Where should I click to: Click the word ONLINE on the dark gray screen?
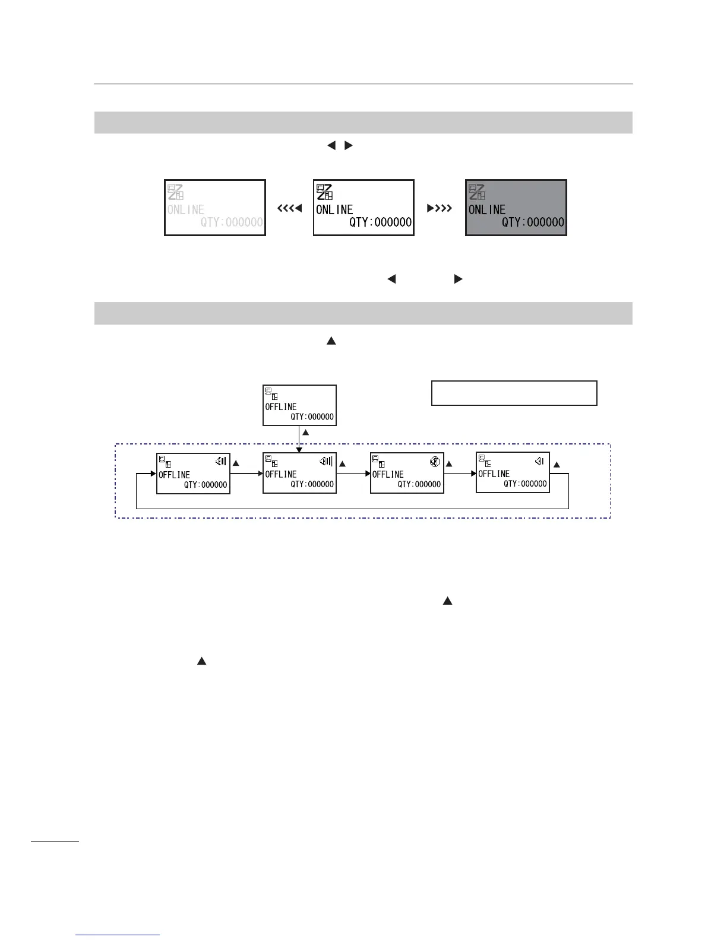[x=487, y=209]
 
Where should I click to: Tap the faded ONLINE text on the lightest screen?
[x=186, y=209]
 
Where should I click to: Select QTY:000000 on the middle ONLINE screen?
[x=380, y=223]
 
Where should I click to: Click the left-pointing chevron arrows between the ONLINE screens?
[x=290, y=208]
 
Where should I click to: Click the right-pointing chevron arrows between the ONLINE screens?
[x=440, y=208]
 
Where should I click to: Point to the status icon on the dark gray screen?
[x=476, y=192]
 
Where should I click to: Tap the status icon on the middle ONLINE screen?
[x=324, y=192]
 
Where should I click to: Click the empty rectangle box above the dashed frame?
[x=514, y=393]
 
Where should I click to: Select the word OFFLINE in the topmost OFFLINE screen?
[x=281, y=407]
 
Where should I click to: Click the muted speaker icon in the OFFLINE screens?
[x=434, y=461]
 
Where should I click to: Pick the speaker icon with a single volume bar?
[x=539, y=461]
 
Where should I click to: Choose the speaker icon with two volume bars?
[x=220, y=461]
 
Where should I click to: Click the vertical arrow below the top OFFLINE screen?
[x=299, y=439]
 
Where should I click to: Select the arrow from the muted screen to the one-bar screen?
[x=460, y=473]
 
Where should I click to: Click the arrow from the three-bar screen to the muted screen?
[x=353, y=473]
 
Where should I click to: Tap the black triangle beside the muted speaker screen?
[x=449, y=463]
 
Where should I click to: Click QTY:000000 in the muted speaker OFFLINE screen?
[x=419, y=484]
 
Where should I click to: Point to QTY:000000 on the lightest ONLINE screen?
[x=232, y=223]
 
